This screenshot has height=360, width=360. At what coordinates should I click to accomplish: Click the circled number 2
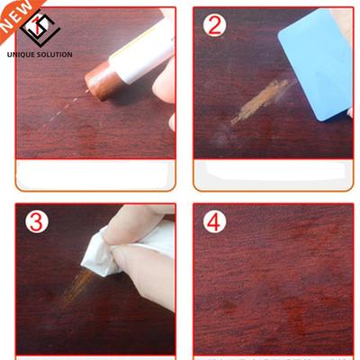click(x=214, y=25)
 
